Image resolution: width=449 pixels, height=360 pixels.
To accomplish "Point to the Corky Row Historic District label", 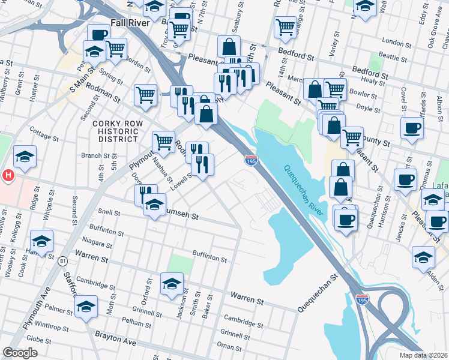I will [x=115, y=131].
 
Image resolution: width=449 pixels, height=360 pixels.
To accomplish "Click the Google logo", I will [x=20, y=353].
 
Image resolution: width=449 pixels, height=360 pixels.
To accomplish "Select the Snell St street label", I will [x=109, y=212].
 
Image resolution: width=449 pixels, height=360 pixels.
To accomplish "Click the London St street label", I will [x=394, y=42].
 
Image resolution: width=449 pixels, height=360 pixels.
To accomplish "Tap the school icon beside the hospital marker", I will [x=25, y=157].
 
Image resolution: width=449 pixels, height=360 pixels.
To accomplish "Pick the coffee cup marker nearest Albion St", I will [x=412, y=128].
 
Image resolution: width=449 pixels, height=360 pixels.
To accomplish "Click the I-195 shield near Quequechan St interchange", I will [x=361, y=299].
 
